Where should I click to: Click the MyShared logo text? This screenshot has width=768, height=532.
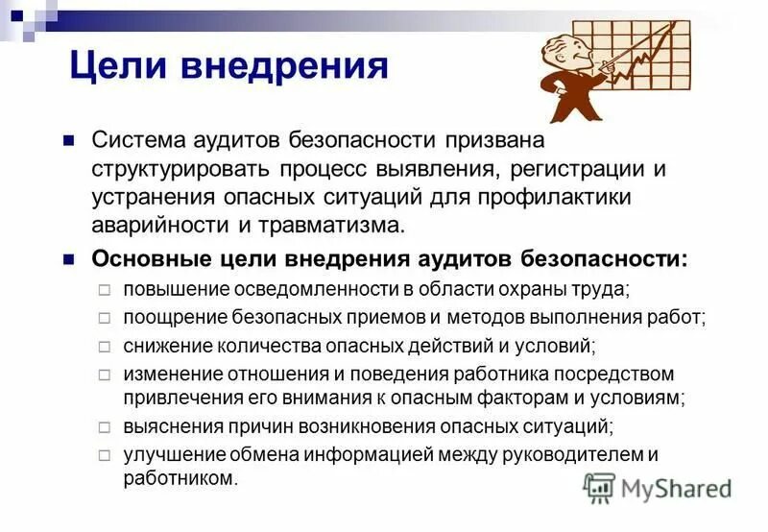tap(677, 489)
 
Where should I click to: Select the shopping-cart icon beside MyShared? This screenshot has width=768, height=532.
tap(599, 489)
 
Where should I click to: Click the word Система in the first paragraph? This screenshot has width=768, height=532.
tap(136, 140)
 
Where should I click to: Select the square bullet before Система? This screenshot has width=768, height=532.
tap(68, 140)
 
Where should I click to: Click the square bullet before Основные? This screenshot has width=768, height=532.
tap(68, 259)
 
